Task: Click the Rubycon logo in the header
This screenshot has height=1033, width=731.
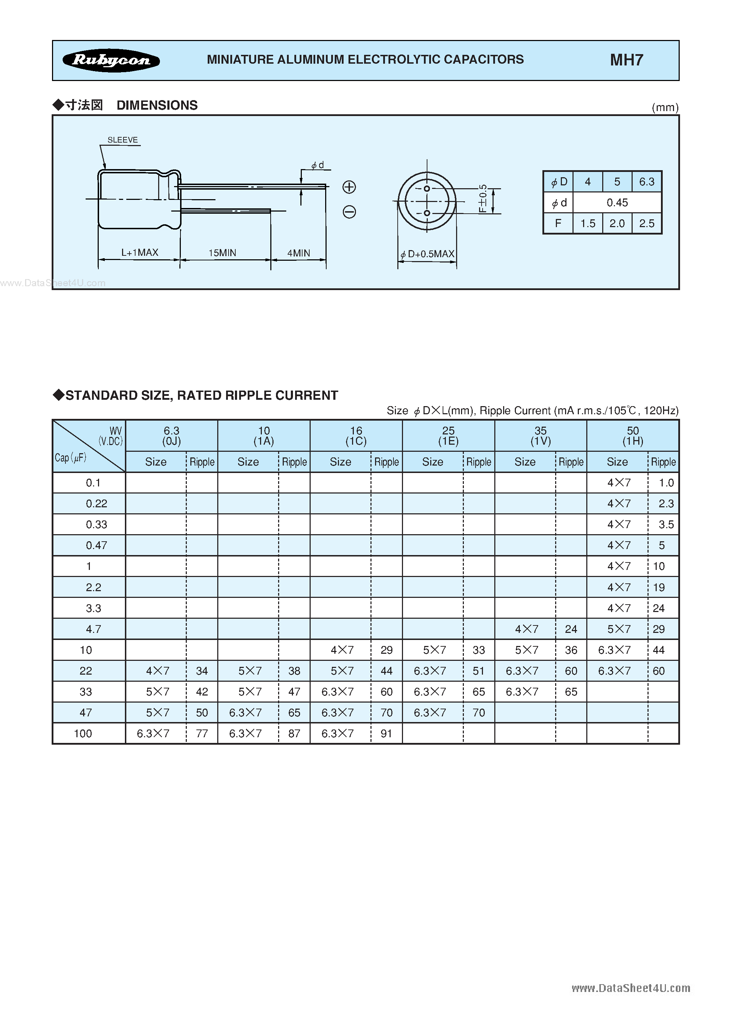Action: pyautogui.click(x=111, y=60)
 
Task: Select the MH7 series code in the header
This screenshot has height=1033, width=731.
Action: pyautogui.click(x=626, y=60)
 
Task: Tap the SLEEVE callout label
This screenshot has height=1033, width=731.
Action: pyautogui.click(x=122, y=140)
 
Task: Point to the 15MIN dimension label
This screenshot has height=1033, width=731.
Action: pyautogui.click(x=222, y=253)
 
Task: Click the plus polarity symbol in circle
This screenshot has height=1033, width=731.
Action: pyautogui.click(x=349, y=187)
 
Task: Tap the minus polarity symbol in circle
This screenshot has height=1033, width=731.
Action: pyautogui.click(x=349, y=212)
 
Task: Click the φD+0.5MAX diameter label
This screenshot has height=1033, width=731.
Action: pyautogui.click(x=428, y=254)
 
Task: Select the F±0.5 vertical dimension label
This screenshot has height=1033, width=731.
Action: pyautogui.click(x=483, y=198)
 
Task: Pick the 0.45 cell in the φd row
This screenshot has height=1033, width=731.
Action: pyautogui.click(x=617, y=203)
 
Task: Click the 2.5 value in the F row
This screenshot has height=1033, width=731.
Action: pyautogui.click(x=646, y=224)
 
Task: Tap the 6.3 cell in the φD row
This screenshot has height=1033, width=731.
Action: pyautogui.click(x=646, y=182)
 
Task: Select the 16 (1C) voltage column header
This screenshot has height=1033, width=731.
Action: pyautogui.click(x=356, y=436)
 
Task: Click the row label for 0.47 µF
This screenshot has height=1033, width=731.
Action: pyautogui.click(x=96, y=545)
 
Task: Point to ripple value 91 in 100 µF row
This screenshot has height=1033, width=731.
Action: pyautogui.click(x=386, y=734)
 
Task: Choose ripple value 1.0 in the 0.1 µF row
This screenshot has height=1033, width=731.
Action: pyautogui.click(x=666, y=483)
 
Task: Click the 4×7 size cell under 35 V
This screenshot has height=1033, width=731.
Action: pyautogui.click(x=526, y=629)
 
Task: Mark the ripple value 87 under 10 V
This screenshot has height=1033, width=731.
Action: pyautogui.click(x=294, y=734)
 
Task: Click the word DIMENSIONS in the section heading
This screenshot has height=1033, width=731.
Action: pyautogui.click(x=157, y=105)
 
